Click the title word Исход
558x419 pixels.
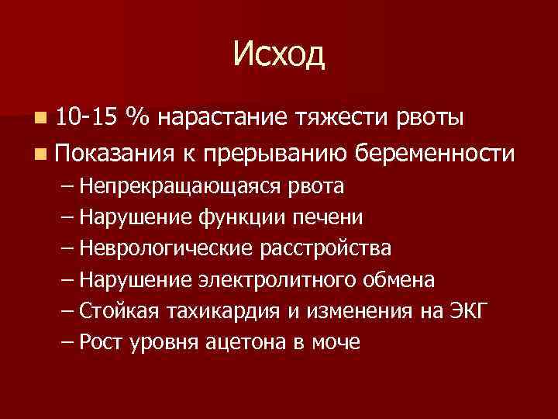click(279, 55)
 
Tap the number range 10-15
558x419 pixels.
click(87, 119)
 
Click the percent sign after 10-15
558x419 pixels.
click(139, 119)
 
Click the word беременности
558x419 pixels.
click(435, 154)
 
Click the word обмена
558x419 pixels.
click(401, 280)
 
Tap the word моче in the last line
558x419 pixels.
click(338, 342)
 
